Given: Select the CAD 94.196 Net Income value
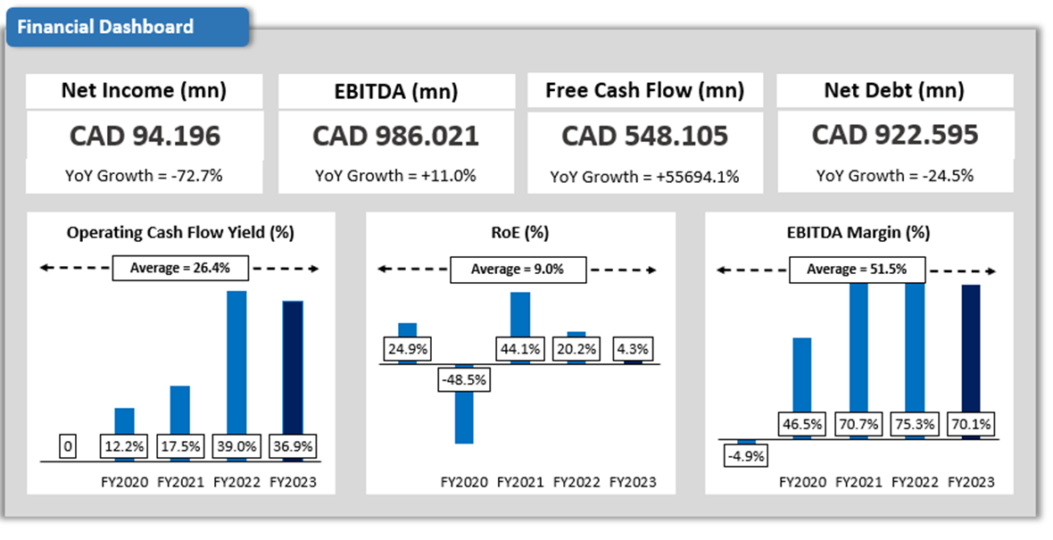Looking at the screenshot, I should pos(144,136).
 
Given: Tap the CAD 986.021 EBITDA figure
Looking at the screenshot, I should pos(395,136).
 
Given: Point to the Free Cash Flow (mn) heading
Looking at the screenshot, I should pos(644,90).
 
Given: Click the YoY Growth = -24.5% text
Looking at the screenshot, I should pos(894,176).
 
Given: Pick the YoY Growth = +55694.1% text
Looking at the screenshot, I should pos(644,177).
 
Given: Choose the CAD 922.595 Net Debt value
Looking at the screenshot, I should pos(894,135).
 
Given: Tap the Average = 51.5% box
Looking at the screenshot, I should pos(858,269).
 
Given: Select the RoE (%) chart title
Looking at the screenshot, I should pos(519,233).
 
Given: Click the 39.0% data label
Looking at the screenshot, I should pos(236,445).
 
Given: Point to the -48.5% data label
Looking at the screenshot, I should pos(462,379).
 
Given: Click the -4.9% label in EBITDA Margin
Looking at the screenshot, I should pos(746,455).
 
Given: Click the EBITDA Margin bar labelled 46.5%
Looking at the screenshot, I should pos(801,375).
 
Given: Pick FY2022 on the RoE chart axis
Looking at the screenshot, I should pos(576,483).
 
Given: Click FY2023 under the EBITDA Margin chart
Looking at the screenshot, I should pos(970,483).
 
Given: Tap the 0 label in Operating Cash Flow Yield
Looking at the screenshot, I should pos(67,445).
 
